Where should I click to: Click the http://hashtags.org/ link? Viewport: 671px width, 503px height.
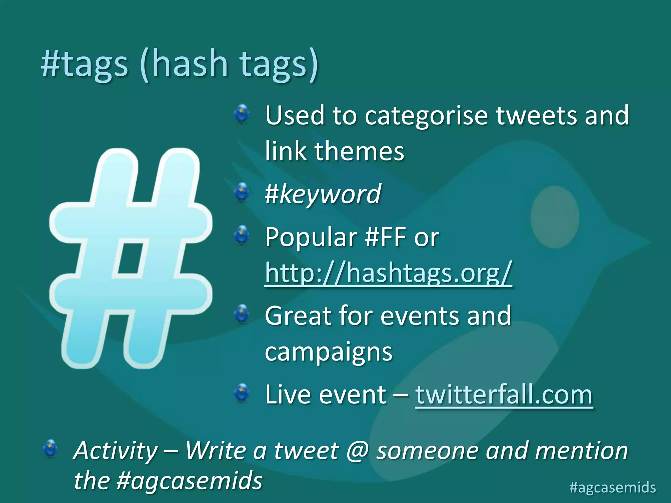click(x=388, y=272)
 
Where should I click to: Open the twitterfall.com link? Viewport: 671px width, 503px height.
click(x=504, y=395)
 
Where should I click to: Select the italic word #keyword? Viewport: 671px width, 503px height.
click(x=323, y=194)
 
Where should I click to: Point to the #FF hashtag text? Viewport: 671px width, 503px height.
click(x=386, y=237)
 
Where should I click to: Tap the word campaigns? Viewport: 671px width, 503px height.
click(x=329, y=352)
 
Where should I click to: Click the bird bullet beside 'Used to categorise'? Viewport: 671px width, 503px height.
click(x=242, y=114)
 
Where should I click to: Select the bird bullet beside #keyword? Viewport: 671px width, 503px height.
click(x=242, y=193)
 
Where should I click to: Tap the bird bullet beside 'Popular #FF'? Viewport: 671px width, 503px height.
click(x=242, y=235)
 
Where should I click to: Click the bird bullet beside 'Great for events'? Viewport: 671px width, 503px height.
click(x=242, y=314)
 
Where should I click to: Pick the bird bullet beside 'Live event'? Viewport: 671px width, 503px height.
click(x=242, y=393)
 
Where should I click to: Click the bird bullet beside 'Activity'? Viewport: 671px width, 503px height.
click(x=50, y=449)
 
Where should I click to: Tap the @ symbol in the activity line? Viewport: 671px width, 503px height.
click(x=357, y=451)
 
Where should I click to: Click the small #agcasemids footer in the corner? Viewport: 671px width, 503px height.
click(x=613, y=487)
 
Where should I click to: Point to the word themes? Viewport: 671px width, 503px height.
click(x=359, y=151)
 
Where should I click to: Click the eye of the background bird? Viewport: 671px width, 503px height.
click(x=555, y=217)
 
